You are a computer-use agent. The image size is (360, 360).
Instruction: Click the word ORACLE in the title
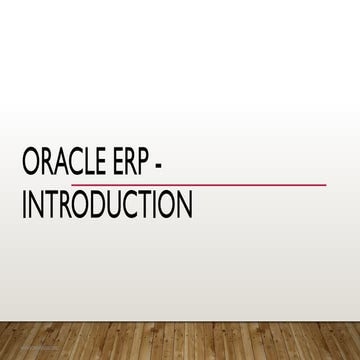click(66, 165)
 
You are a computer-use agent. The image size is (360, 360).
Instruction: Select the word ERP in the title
click(133, 165)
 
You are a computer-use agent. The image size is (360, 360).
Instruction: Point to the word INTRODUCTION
click(106, 204)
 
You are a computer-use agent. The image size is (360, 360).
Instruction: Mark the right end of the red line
click(325, 184)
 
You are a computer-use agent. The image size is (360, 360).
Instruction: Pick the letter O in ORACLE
click(31, 165)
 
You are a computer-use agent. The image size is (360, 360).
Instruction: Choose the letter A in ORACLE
click(61, 165)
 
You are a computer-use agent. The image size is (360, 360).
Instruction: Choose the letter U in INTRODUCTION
click(111, 204)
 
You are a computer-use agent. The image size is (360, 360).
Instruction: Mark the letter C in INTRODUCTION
click(127, 204)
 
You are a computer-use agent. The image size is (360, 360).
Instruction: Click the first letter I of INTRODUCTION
click(25, 204)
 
